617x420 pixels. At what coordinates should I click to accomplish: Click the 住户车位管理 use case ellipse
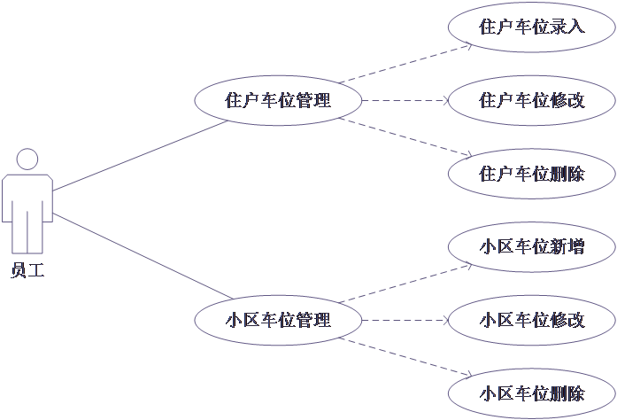[278, 100]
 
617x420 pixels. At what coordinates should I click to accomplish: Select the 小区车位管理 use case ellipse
[278, 319]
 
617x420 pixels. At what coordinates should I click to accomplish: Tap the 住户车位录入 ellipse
[531, 27]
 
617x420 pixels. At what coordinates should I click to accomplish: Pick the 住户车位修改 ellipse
[531, 100]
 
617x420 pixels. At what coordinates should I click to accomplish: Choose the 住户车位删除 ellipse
[531, 173]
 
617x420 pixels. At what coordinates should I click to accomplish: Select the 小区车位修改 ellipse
[531, 319]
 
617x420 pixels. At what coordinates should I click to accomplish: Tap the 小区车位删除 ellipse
[531, 393]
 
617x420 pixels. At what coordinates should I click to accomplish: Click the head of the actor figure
[27, 159]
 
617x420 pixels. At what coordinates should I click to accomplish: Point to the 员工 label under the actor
[27, 270]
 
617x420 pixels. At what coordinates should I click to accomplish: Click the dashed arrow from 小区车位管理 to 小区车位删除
[403, 356]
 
